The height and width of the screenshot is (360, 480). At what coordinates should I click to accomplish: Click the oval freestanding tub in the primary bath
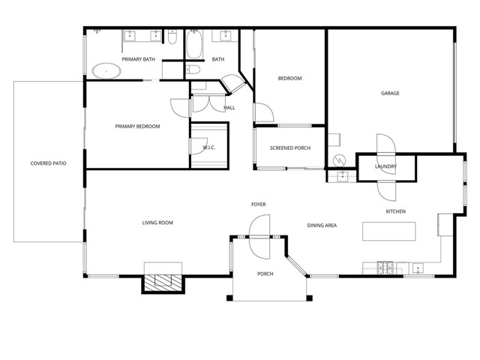tap(106, 72)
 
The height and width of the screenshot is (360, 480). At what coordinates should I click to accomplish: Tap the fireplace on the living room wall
tap(163, 282)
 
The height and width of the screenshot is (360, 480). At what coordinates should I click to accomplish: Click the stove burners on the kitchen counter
tap(385, 266)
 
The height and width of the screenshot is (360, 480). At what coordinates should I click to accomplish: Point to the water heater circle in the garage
tap(340, 160)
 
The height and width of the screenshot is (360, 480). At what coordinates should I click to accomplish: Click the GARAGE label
tap(389, 94)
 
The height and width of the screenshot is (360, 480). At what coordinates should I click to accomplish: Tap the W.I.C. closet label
tap(209, 147)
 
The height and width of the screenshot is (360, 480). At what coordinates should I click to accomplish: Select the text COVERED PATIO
tap(48, 163)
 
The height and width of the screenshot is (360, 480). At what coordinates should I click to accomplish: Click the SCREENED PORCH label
tap(290, 147)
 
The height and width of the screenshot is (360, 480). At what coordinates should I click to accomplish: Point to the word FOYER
tap(258, 204)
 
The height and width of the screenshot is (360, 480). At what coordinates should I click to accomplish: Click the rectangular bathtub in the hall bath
tap(193, 45)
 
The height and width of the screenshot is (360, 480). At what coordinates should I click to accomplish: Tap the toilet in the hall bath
tap(193, 70)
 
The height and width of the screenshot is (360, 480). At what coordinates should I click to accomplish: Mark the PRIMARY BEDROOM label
tap(137, 126)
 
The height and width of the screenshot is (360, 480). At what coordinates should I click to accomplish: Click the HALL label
tap(229, 108)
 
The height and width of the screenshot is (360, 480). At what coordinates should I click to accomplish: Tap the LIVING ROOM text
tap(158, 223)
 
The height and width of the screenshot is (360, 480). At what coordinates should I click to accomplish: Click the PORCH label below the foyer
tap(265, 274)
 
